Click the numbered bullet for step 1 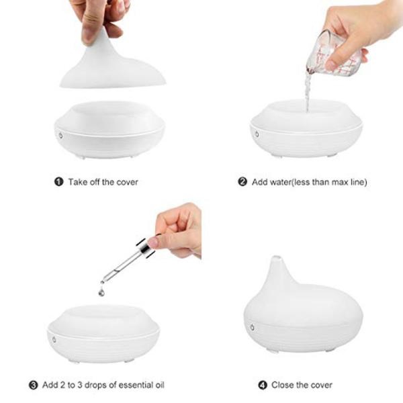(58, 182)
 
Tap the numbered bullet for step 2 (242, 182)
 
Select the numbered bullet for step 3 (33, 386)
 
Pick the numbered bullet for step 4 (263, 386)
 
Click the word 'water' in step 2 (281, 182)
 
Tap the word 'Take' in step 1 (77, 182)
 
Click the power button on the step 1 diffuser (60, 135)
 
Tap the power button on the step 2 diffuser (257, 134)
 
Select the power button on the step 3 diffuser (54, 339)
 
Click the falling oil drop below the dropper (101, 292)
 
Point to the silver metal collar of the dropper (145, 248)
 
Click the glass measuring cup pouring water (333, 54)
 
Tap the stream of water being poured (308, 92)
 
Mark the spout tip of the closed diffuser (277, 257)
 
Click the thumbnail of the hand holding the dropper (153, 242)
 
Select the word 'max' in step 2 (340, 182)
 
